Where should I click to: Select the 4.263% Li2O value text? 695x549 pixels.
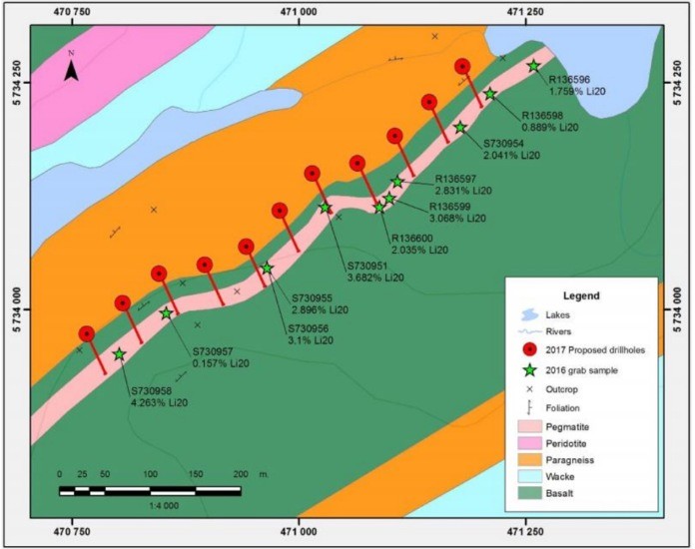click(x=159, y=403)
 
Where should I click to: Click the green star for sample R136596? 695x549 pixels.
click(x=534, y=66)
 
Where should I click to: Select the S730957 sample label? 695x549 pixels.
click(x=213, y=351)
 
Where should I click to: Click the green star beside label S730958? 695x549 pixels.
click(x=120, y=354)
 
